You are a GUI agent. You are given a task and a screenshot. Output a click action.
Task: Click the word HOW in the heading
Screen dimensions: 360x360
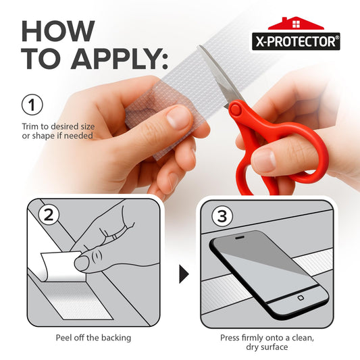pyautogui.click(x=58, y=31)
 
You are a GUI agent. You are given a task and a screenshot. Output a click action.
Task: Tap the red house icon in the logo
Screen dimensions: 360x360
pyautogui.click(x=296, y=23)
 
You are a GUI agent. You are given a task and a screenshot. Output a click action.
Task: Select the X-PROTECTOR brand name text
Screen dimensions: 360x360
pyautogui.click(x=296, y=42)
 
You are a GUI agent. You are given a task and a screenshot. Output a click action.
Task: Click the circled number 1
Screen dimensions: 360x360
pyautogui.click(x=32, y=105)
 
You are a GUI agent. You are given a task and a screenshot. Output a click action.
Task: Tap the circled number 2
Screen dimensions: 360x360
pyautogui.click(x=49, y=215)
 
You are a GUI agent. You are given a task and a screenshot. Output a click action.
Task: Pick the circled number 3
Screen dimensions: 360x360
pyautogui.click(x=222, y=216)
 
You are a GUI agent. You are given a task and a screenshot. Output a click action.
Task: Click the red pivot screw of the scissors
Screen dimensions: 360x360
pyautogui.click(x=235, y=110)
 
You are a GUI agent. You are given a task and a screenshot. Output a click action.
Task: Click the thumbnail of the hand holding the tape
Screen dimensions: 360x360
pyautogui.click(x=178, y=117)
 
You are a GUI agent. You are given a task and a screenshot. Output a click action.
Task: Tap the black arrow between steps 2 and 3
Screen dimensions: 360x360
pyautogui.click(x=184, y=274)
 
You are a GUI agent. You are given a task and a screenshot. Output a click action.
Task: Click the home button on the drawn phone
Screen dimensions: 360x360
pyautogui.click(x=301, y=298)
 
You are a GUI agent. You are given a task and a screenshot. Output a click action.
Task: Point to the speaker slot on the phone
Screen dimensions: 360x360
pyautogui.click(x=240, y=237)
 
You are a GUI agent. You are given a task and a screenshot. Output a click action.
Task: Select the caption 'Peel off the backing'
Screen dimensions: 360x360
pyautogui.click(x=93, y=338)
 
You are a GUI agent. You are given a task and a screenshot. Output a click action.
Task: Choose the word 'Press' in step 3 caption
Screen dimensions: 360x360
pyautogui.click(x=230, y=338)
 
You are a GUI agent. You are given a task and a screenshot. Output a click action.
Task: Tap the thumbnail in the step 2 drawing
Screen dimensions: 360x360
pyautogui.click(x=82, y=263)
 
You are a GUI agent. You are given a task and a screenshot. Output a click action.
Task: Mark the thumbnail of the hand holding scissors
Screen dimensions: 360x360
pyautogui.click(x=265, y=160)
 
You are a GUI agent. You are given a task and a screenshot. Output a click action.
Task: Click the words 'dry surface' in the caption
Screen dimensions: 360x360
pyautogui.click(x=267, y=346)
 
